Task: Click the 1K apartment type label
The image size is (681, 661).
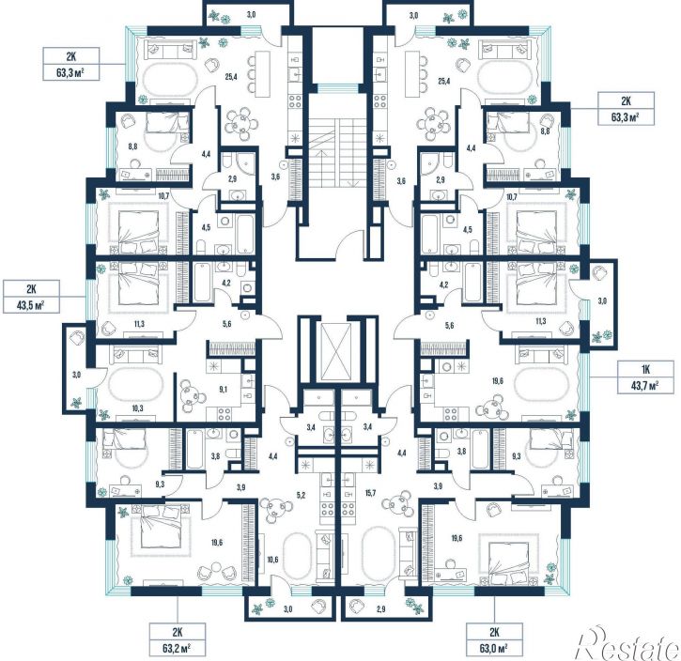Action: (x=645, y=370)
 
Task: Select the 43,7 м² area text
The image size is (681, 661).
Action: (x=645, y=385)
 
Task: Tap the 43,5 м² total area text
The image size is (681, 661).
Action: (x=31, y=304)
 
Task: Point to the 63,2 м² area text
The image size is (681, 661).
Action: (x=178, y=649)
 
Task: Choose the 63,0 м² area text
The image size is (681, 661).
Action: (x=494, y=649)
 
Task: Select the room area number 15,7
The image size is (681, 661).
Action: (x=370, y=494)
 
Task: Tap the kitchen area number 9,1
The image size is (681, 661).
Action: (x=224, y=390)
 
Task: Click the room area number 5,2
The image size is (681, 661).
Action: (x=301, y=494)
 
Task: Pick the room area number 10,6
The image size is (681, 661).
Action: (x=272, y=560)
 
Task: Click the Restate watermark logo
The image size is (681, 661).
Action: (x=627, y=643)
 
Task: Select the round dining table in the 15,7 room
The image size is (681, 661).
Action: (x=397, y=502)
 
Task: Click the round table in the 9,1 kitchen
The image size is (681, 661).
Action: (x=190, y=396)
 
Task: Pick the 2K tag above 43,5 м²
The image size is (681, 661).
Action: (x=31, y=289)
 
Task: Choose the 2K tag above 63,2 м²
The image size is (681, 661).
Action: (x=178, y=633)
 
